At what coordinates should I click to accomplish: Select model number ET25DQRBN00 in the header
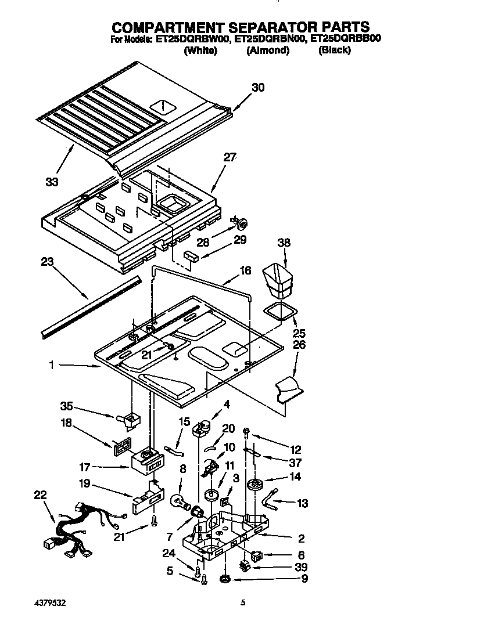[x=269, y=39]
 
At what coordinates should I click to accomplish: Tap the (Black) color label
[x=335, y=50]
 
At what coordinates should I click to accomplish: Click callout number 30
[x=257, y=88]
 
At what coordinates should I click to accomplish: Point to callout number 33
[x=52, y=182]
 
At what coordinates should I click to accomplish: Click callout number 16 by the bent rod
[x=245, y=270]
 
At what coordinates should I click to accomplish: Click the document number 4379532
[x=49, y=603]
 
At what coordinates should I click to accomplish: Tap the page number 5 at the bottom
[x=243, y=603]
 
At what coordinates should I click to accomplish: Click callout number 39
[x=300, y=567]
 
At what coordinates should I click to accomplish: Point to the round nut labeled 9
[x=224, y=579]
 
